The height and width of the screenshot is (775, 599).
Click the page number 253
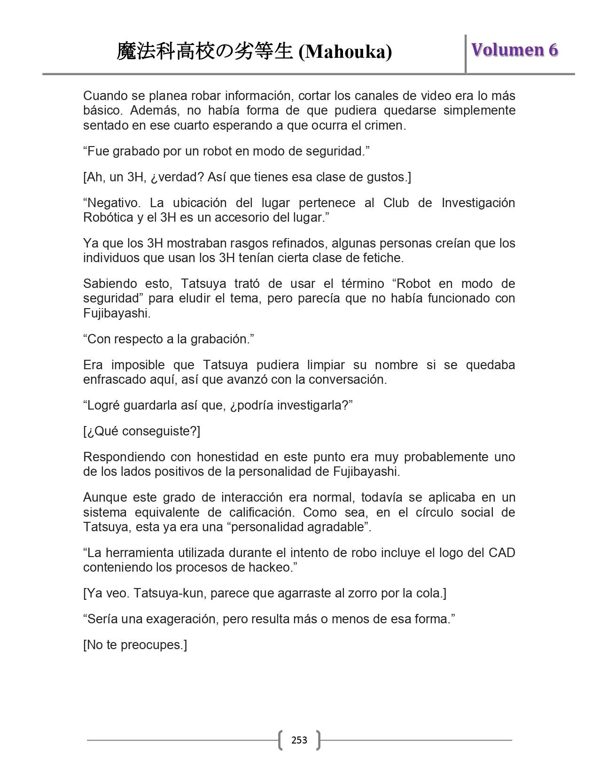click(x=299, y=740)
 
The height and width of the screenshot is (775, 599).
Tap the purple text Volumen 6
click(x=514, y=50)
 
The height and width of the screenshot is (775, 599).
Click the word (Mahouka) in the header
click(x=345, y=52)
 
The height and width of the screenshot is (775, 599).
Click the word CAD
click(x=501, y=553)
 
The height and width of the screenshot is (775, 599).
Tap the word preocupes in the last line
click(x=153, y=645)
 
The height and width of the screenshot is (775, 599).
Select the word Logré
click(x=104, y=405)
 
